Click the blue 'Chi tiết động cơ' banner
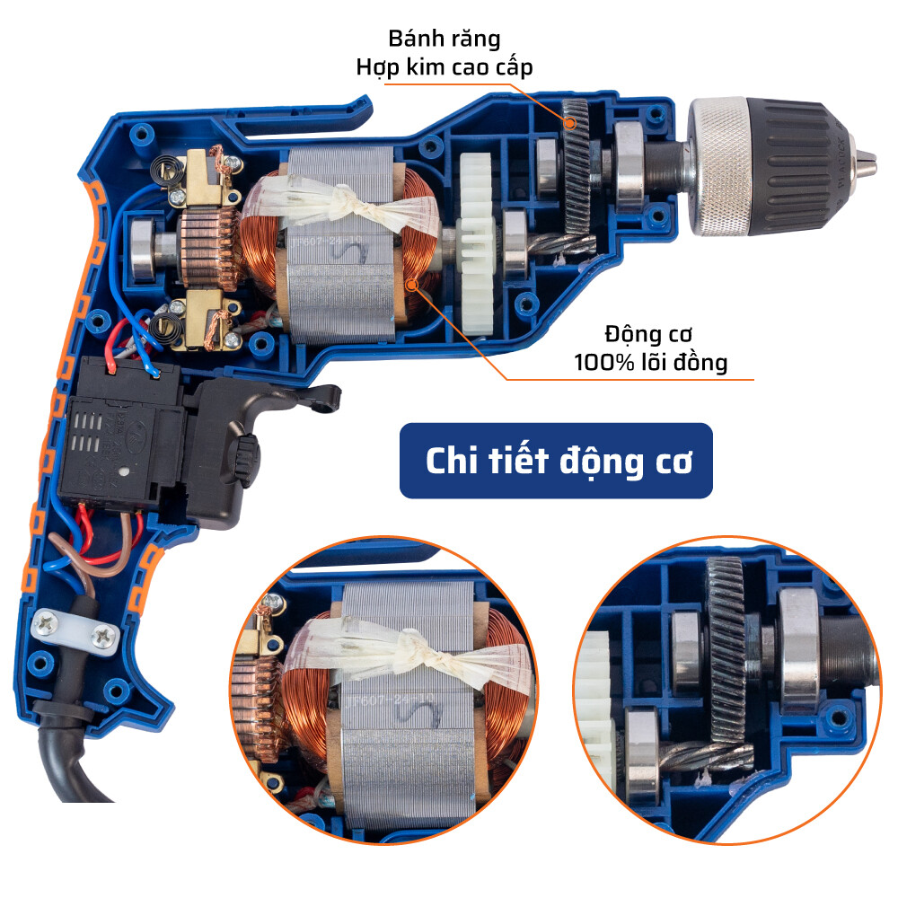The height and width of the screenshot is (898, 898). pos(556,461)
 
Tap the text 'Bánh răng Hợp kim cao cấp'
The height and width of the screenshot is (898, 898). pos(444,53)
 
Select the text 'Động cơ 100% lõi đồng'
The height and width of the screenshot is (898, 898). pos(651,349)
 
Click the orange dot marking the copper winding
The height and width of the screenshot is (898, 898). pos(413,285)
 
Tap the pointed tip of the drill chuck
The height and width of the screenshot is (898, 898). pos(866,161)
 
